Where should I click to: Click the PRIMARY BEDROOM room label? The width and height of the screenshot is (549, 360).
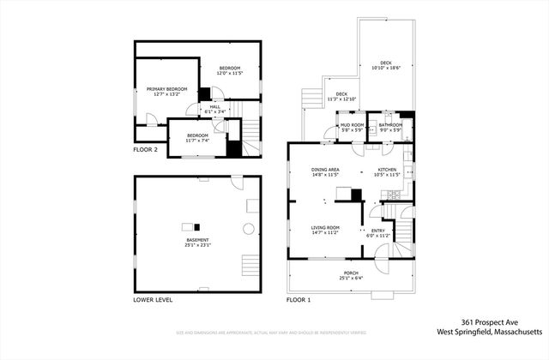[166, 89]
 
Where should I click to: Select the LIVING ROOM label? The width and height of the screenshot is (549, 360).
[326, 228]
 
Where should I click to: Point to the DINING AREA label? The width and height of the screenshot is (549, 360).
[326, 170]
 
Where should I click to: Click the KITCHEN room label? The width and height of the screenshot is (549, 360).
[388, 170]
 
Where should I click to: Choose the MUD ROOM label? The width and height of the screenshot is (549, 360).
[353, 125]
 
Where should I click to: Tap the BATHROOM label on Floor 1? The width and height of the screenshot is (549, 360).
[391, 125]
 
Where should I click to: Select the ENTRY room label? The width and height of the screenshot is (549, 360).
[378, 231]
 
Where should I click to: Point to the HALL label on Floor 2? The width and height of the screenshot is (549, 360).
[214, 107]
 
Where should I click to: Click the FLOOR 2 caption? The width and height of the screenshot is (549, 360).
[145, 149]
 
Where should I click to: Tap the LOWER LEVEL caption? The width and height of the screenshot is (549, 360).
[153, 301]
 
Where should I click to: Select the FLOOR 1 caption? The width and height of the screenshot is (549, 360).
[299, 301]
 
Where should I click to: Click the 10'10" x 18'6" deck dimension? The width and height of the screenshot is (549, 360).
[387, 68]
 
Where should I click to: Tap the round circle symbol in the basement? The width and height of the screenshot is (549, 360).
[248, 229]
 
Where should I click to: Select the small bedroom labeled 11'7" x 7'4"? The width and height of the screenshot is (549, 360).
[198, 137]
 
